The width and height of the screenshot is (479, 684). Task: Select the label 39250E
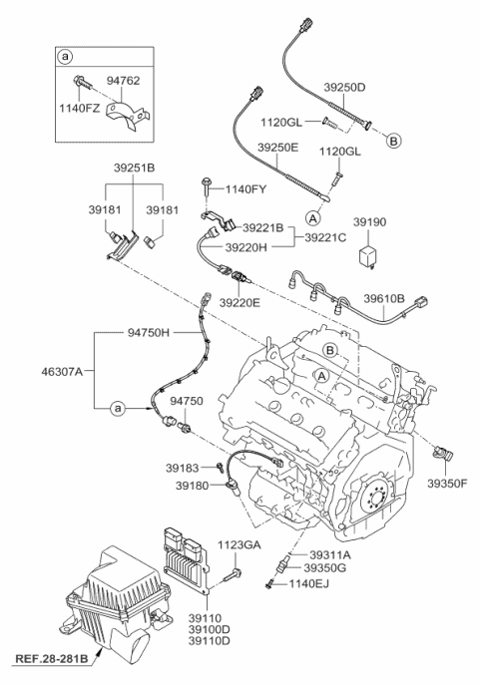278,147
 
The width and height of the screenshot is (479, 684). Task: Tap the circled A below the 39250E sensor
312,216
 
